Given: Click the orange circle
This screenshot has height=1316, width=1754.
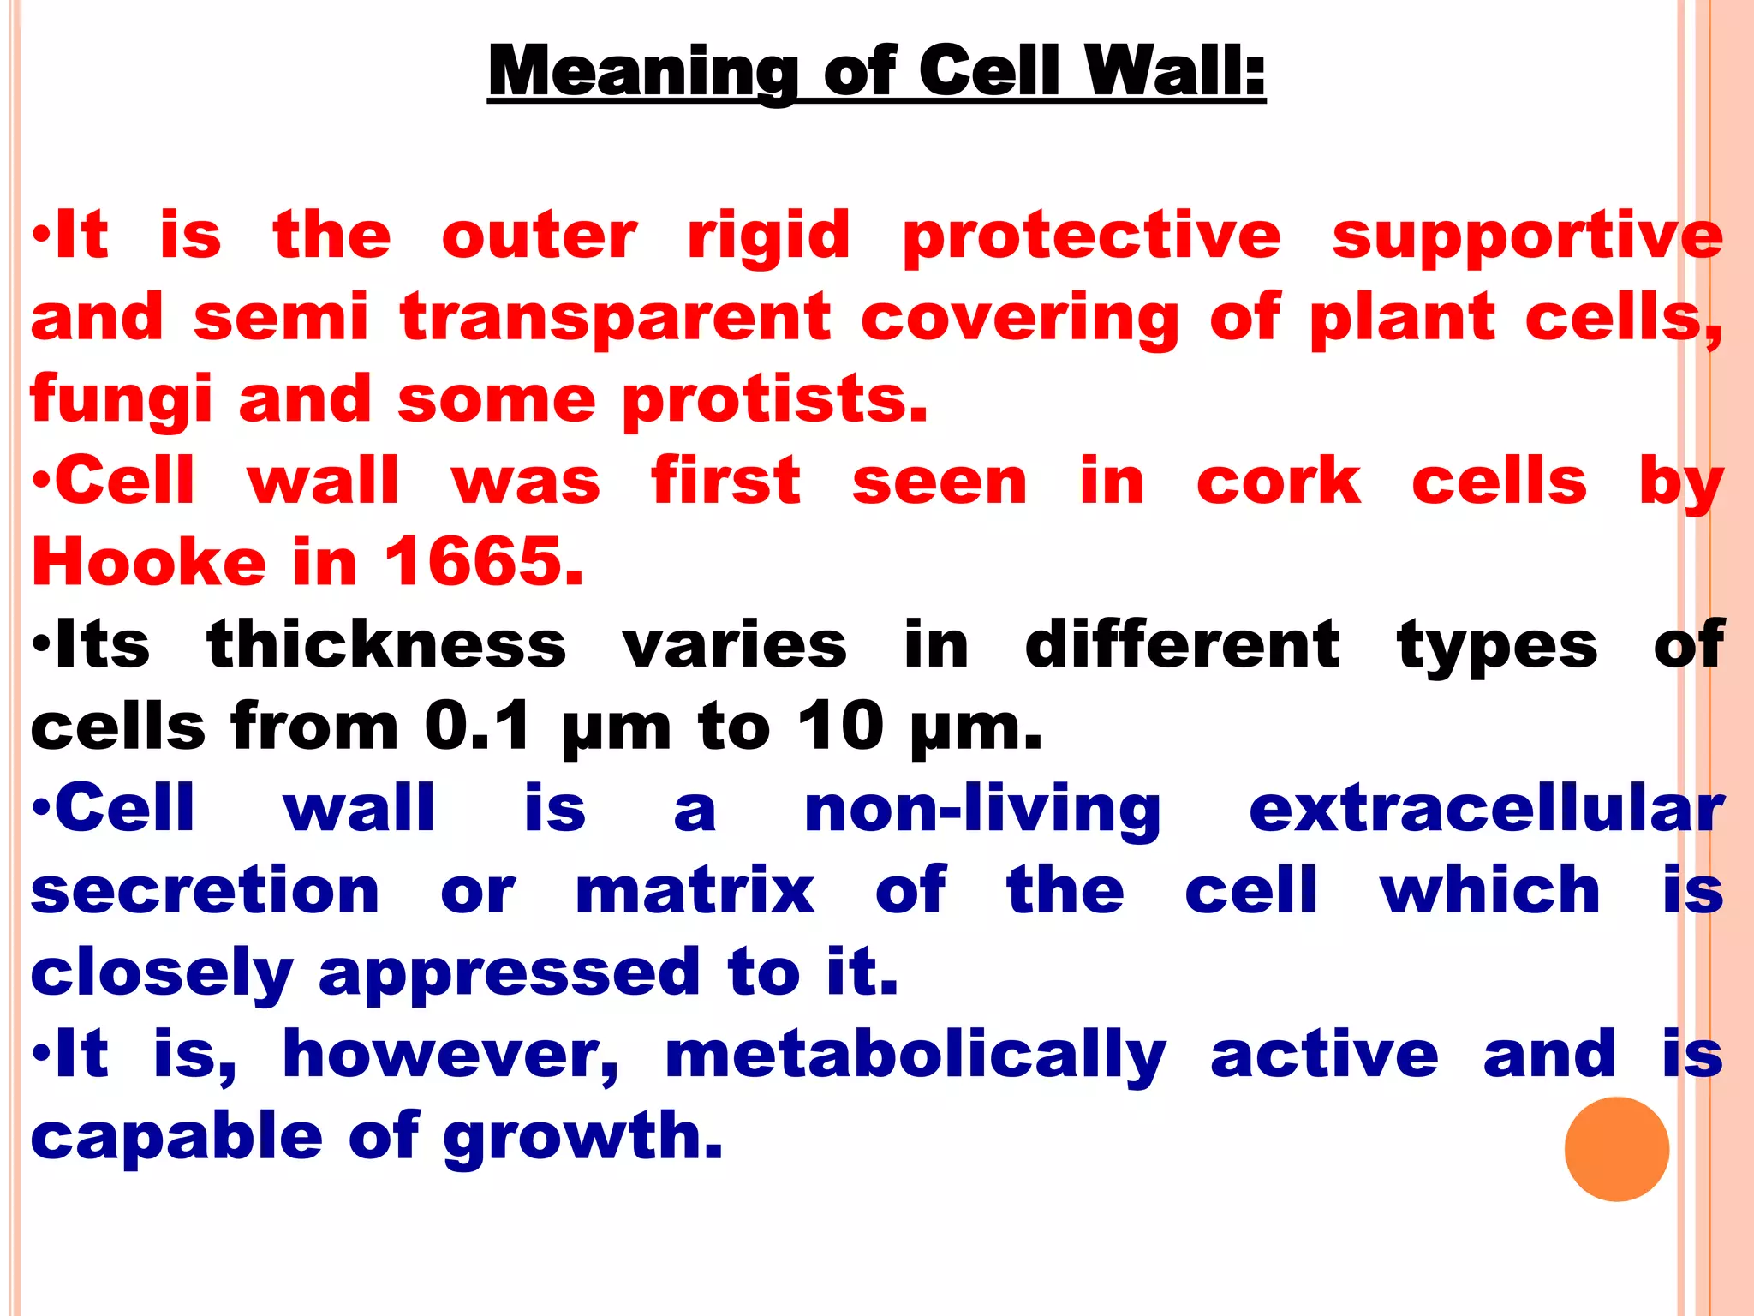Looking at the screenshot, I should point(1616,1149).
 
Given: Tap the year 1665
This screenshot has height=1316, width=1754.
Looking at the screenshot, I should point(484,562).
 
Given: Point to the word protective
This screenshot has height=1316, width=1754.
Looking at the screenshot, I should point(1091,237).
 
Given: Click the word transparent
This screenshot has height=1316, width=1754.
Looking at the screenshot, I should point(615,318).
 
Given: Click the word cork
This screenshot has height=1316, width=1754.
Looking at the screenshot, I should point(1278,482).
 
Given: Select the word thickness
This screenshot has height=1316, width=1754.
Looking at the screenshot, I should point(386,644).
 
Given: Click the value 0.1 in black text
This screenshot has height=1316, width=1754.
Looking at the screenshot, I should point(477,727).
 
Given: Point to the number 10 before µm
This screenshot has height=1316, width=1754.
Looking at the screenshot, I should point(840,727).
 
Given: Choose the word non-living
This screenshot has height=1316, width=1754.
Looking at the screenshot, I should point(982,810).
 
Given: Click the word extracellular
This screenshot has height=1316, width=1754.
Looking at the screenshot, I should point(1486,808).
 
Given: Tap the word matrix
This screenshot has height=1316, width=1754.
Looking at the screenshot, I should point(695,891).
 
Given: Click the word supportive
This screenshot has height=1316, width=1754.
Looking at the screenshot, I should point(1527,237).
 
